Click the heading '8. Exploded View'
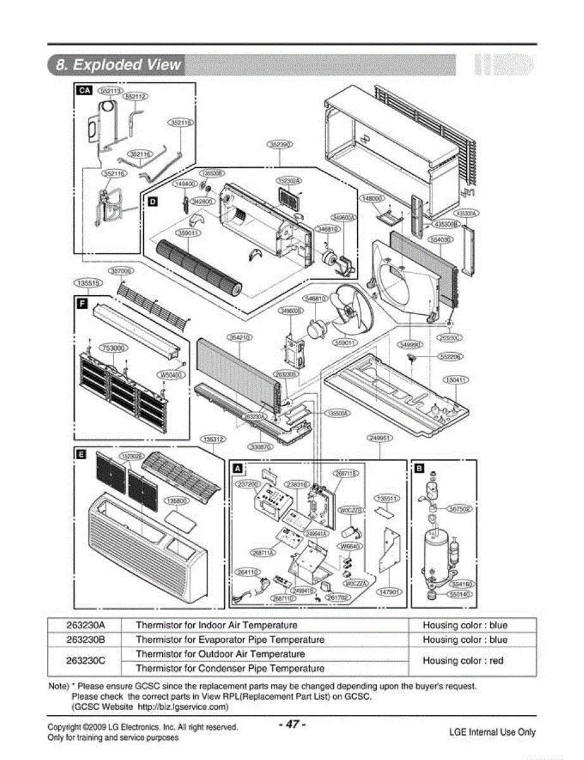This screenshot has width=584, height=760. [118, 65]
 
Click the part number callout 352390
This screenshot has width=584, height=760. [280, 145]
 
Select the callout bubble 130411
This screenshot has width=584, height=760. [455, 380]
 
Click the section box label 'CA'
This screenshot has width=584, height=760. [84, 91]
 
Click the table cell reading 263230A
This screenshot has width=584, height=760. [86, 625]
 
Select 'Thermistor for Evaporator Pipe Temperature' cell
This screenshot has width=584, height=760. [230, 640]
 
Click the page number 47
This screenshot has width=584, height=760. [292, 724]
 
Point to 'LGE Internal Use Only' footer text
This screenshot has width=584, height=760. [492, 732]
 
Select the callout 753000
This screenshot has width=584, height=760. [113, 348]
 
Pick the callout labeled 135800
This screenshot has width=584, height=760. [177, 500]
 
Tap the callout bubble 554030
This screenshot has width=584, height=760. [441, 240]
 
